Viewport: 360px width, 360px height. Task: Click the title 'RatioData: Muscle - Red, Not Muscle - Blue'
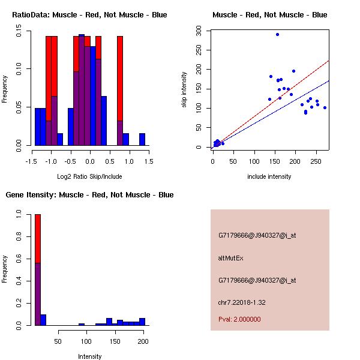(89, 14)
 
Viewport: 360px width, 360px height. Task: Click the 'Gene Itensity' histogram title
(89, 195)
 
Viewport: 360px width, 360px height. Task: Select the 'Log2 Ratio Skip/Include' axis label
(89, 176)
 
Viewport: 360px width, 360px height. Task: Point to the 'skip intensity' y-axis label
(185, 90)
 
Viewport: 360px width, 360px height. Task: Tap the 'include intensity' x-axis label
(269, 176)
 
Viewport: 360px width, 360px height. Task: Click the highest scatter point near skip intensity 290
(277, 34)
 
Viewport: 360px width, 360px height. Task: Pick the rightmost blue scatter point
(325, 107)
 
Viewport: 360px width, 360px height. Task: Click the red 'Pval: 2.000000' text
(239, 319)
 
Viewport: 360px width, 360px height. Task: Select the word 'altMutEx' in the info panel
(230, 258)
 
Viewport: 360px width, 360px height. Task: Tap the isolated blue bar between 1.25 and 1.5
(142, 139)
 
